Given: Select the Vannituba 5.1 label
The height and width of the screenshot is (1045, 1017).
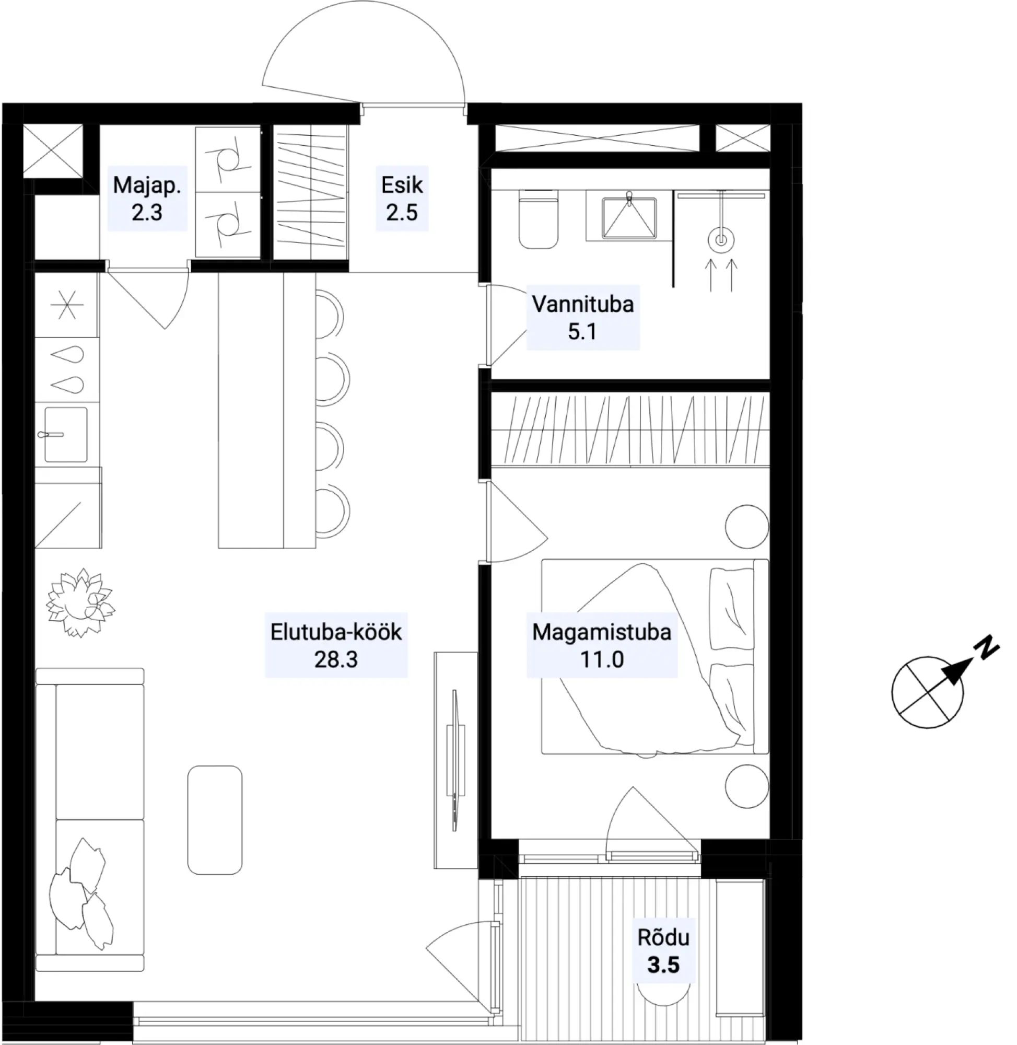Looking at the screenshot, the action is [583, 317].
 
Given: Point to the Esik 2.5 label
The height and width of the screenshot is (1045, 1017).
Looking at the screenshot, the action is [402, 198].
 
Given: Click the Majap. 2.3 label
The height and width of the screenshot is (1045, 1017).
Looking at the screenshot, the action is [147, 198].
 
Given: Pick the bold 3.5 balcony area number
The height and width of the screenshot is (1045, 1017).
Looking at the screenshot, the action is [663, 965].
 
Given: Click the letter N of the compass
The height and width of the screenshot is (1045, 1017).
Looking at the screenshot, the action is [986, 648].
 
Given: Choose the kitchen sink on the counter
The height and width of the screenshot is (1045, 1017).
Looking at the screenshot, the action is [66, 434].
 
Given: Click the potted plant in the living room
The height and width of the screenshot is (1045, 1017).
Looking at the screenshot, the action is [80, 602].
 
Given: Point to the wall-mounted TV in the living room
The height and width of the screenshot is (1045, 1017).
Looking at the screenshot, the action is [455, 760].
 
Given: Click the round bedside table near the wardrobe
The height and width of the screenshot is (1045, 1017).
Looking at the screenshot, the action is [747, 527].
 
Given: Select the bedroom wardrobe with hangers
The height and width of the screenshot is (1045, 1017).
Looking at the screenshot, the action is [630, 430].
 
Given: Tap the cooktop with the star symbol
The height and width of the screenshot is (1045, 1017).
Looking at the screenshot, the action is [67, 305].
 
